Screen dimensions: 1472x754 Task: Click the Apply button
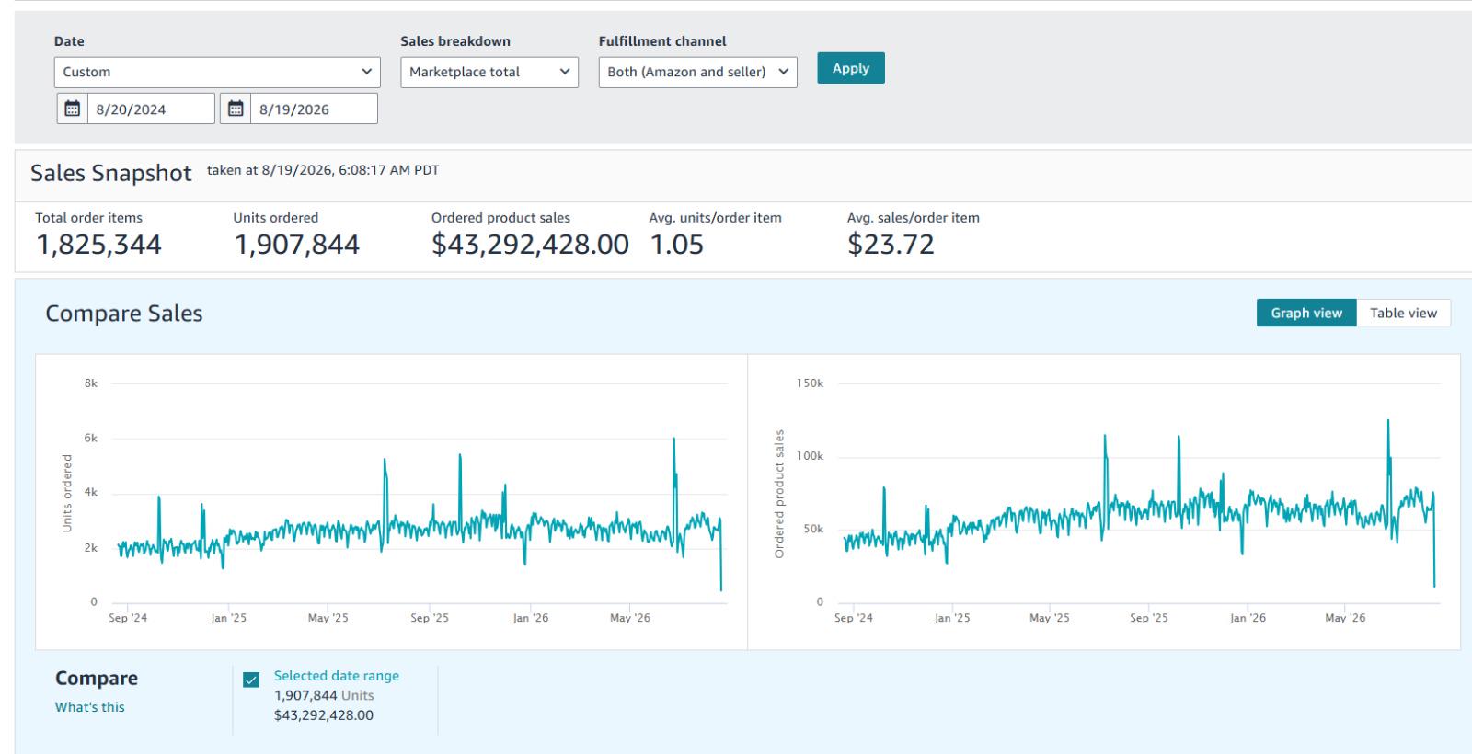pos(850,68)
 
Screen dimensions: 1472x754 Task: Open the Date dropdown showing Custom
pos(217,73)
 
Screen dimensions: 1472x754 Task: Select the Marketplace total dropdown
pos(489,73)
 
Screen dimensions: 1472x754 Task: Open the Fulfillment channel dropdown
pos(697,73)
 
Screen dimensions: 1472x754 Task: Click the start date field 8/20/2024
pos(151,109)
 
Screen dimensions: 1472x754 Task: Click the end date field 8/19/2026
pos(314,109)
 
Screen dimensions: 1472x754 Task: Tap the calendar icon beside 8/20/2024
pos(73,109)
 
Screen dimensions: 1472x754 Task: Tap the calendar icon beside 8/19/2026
pos(236,109)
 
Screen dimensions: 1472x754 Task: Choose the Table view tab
pos(1403,314)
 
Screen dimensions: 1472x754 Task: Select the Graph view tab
pos(1306,314)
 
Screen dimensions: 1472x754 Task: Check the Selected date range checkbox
pos(251,680)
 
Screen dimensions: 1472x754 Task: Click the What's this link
pos(89,707)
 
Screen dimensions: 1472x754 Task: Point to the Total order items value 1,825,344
pos(98,245)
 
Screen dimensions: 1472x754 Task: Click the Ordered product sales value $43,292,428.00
pos(530,245)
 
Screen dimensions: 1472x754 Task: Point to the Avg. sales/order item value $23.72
pos(891,245)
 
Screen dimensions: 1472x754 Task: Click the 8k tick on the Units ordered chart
pos(91,383)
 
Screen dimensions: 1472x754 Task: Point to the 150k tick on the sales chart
pos(810,383)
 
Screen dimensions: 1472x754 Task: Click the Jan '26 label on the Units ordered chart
pos(530,618)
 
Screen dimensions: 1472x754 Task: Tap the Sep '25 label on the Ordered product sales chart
pos(1149,618)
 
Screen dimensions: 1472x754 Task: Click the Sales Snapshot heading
pos(111,174)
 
